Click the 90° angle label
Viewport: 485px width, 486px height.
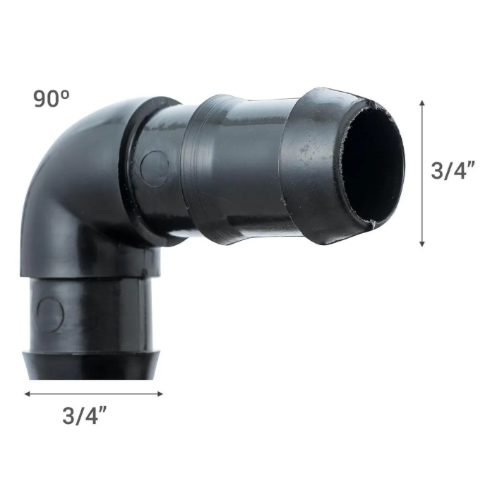52,99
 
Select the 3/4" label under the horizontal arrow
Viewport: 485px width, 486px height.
84,415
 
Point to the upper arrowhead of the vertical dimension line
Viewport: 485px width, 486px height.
422,103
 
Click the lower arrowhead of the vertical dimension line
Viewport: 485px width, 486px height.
422,243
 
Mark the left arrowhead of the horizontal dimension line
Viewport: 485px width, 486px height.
28,394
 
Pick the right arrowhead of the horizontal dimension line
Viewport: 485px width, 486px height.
160,394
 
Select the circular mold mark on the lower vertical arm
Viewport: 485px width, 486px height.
51,315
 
